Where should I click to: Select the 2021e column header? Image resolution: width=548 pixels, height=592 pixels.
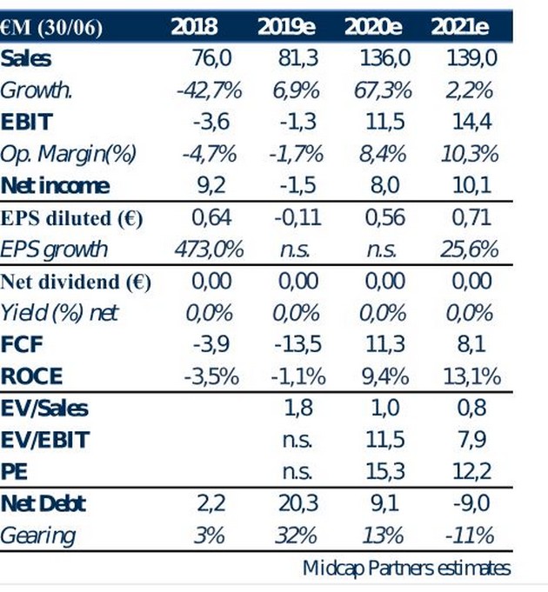coord(460,27)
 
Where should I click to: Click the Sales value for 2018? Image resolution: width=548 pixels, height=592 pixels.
coord(211,58)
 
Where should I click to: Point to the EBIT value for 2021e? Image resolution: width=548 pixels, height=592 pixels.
coord(472,122)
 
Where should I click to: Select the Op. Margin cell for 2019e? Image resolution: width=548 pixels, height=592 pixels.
coord(296,154)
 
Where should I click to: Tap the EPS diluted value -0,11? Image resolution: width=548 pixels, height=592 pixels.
coord(297,217)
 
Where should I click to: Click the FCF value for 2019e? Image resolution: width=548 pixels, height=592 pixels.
coord(297,345)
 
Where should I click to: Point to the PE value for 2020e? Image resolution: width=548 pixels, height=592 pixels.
coord(384,472)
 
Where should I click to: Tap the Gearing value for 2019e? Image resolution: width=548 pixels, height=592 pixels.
coord(296,535)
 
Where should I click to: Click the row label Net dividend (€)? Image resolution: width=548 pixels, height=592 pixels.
coord(76,282)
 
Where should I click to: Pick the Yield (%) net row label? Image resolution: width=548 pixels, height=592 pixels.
coord(59,313)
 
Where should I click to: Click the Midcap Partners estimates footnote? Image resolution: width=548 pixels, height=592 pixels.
coord(406,569)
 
